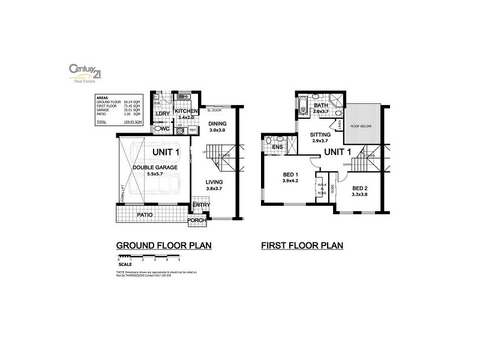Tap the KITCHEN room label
click(186, 112)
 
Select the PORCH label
click(197, 221)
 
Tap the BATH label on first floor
click(322, 106)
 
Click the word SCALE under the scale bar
click(125, 263)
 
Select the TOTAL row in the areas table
click(118, 122)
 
